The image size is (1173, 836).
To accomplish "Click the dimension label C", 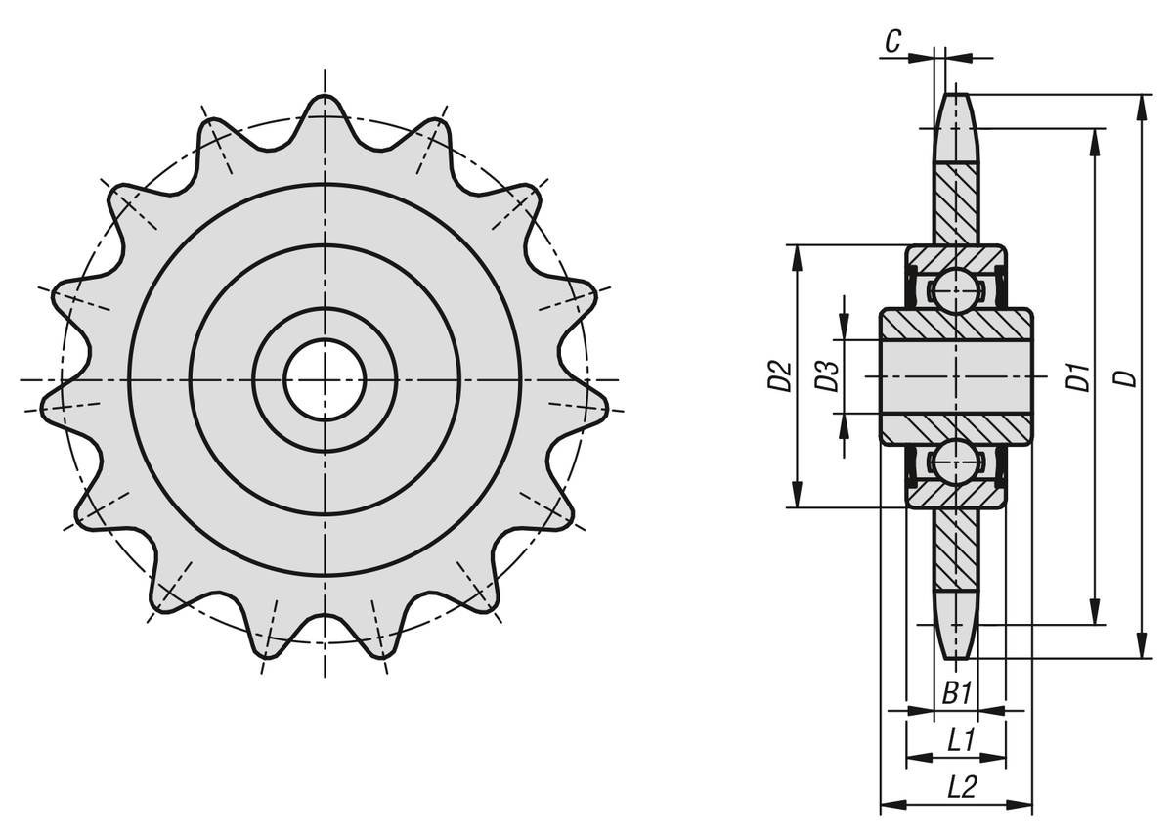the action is (x=893, y=41).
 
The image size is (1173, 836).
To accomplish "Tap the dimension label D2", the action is (x=780, y=375).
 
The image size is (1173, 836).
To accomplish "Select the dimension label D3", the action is (x=828, y=375).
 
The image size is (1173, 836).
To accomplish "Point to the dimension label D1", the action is (x=1078, y=375).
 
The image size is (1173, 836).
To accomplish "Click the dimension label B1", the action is (x=957, y=694).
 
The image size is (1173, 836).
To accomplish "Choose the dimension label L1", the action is (x=962, y=742).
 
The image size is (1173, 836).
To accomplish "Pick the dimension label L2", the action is (x=963, y=788).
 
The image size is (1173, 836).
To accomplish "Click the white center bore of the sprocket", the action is (x=325, y=379).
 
